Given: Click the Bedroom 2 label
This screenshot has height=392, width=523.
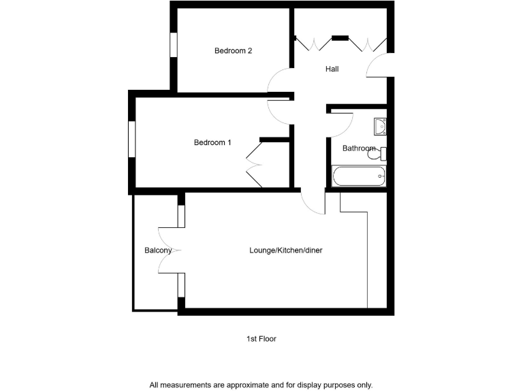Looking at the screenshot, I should (x=234, y=50).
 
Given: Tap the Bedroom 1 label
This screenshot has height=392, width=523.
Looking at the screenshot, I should (x=212, y=142).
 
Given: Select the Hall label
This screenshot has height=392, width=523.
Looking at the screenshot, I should (x=332, y=69).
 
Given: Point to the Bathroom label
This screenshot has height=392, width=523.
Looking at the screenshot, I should (x=358, y=148).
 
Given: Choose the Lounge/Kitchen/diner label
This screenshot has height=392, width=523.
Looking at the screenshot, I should (x=285, y=250).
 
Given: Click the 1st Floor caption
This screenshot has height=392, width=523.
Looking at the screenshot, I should (x=261, y=338).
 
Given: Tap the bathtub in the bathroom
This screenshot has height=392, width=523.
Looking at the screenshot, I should (x=359, y=176).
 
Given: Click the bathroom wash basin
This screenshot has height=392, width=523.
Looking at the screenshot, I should (x=380, y=127).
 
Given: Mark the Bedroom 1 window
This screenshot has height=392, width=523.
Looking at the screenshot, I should (x=132, y=142).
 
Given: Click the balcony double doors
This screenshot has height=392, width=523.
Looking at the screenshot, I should (x=170, y=250).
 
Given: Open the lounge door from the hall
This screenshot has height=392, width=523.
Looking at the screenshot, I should (x=313, y=203).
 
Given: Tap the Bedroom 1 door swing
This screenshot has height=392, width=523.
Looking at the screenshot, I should (x=280, y=111).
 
